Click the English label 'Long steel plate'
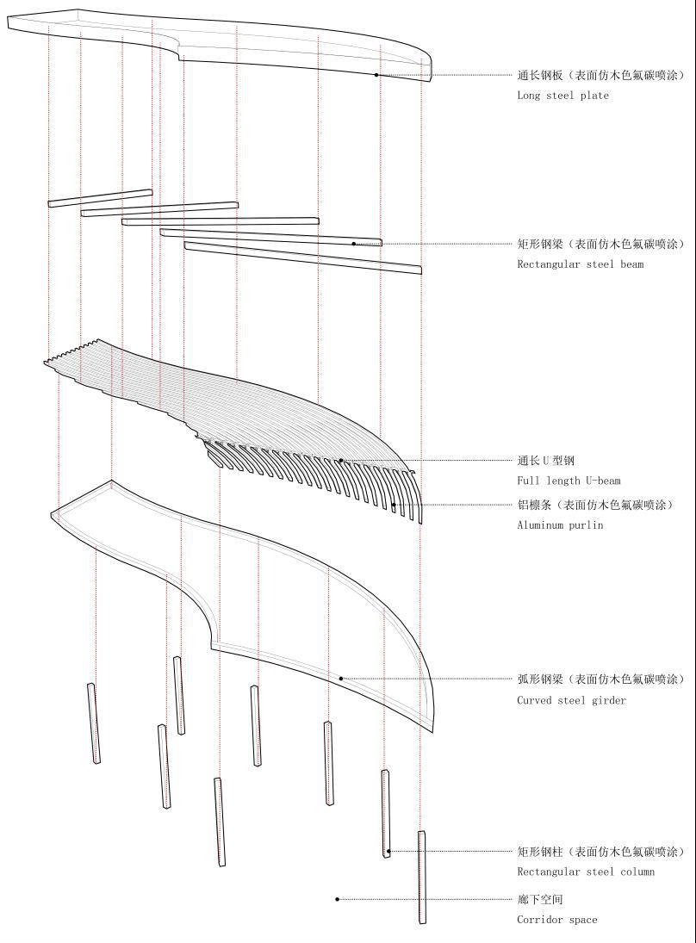click(x=562, y=95)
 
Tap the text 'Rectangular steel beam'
click(x=580, y=264)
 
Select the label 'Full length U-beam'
click(x=569, y=481)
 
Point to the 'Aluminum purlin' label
click(x=559, y=525)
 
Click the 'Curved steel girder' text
click(x=571, y=700)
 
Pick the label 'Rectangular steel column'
click(x=586, y=872)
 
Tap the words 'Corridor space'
click(x=557, y=920)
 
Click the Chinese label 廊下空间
click(x=539, y=900)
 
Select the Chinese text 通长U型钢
click(x=545, y=461)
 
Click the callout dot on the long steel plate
click(x=376, y=75)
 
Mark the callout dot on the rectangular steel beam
click(x=354, y=244)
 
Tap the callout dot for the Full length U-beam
click(x=341, y=460)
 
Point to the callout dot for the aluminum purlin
click(x=394, y=505)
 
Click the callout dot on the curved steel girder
click(x=341, y=679)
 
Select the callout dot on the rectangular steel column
click(x=388, y=851)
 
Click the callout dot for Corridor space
click(x=337, y=899)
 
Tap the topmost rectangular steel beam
click(x=100, y=198)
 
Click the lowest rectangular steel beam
click(x=302, y=257)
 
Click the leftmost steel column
click(x=94, y=723)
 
